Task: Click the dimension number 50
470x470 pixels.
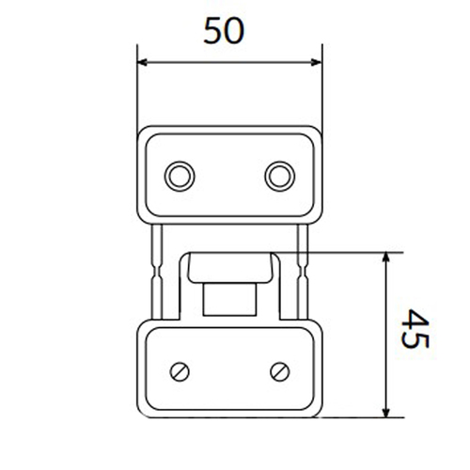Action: click(224, 31)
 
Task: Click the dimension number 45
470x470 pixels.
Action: click(415, 328)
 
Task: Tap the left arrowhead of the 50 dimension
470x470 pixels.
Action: click(143, 62)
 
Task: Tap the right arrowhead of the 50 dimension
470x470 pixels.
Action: click(316, 62)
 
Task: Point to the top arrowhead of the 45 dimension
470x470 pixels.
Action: click(386, 258)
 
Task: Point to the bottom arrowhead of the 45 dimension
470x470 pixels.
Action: click(386, 412)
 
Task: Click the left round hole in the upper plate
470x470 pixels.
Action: click(180, 177)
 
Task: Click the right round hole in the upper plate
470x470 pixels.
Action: click(280, 177)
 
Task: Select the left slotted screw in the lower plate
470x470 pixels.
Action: click(180, 372)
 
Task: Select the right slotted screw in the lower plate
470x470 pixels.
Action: click(280, 372)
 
